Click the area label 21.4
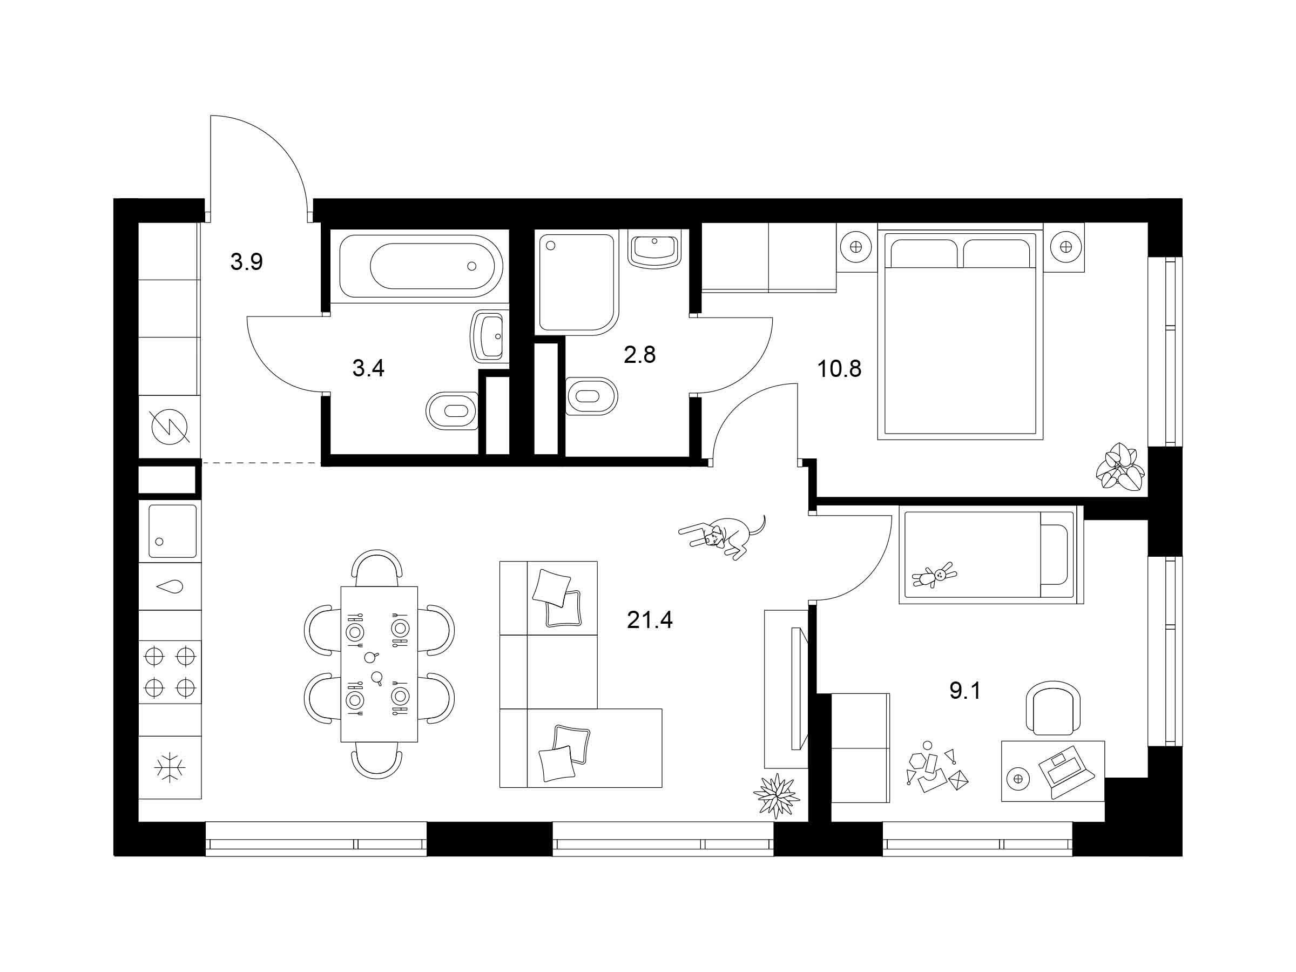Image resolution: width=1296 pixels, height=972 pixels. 650,619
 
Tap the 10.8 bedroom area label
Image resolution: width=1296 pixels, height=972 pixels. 839,369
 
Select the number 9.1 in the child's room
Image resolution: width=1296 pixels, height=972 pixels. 965,691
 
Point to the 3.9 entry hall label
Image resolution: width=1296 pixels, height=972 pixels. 247,262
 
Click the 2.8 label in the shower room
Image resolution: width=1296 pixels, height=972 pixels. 640,354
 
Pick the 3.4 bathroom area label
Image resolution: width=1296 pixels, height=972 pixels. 368,368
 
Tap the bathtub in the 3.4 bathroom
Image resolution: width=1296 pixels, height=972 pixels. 420,266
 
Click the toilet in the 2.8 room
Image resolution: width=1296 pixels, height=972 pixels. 592,396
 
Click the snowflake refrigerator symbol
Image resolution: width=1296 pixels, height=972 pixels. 170,767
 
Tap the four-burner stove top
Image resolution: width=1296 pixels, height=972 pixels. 170,671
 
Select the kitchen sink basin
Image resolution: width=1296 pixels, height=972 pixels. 172,531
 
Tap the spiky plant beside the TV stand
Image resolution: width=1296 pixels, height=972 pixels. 777,795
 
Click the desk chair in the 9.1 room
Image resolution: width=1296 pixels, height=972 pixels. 1053,707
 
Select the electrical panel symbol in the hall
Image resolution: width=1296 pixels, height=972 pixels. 170,426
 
